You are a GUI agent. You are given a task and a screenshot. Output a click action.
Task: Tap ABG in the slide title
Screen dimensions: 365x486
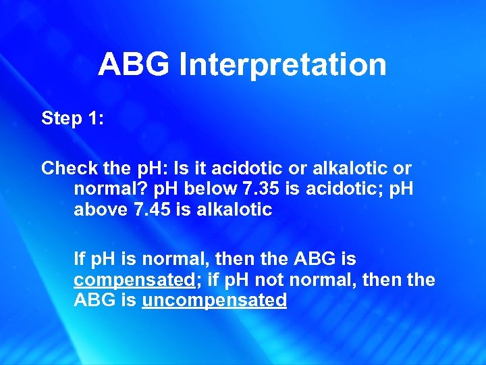click(x=134, y=66)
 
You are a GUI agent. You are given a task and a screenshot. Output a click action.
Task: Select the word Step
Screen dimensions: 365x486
click(x=60, y=118)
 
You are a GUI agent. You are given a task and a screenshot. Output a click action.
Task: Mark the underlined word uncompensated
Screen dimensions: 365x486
click(x=215, y=300)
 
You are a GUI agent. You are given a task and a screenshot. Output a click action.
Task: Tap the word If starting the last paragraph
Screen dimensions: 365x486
click(x=80, y=258)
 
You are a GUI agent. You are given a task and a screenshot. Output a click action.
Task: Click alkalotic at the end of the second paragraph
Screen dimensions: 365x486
click(x=234, y=209)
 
